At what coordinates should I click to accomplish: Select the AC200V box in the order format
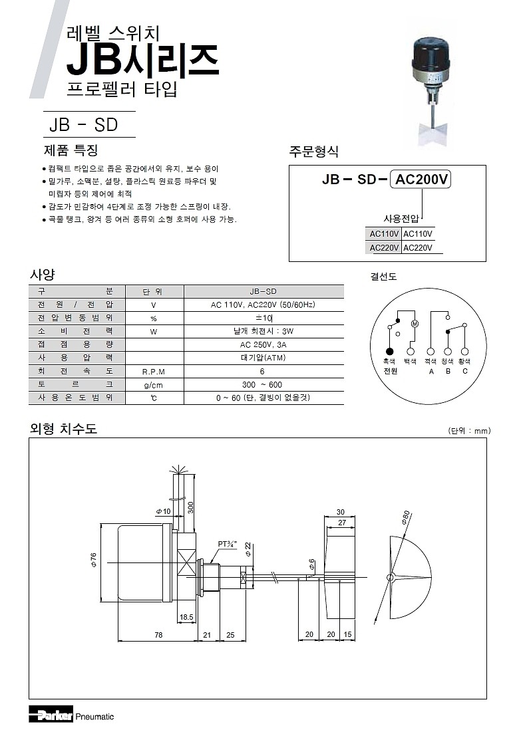pyautogui.click(x=422, y=180)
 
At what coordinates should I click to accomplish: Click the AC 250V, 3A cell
pyautogui.click(x=263, y=344)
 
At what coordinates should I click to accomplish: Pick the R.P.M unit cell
pyautogui.click(x=154, y=371)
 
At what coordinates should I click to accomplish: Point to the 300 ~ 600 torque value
pyautogui.click(x=263, y=384)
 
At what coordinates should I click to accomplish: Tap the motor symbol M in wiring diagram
pyautogui.click(x=413, y=324)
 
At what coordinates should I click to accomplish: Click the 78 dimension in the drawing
pyautogui.click(x=158, y=635)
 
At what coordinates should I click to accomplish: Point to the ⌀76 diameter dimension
pyautogui.click(x=94, y=560)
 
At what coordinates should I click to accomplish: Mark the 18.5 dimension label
pyautogui.click(x=186, y=617)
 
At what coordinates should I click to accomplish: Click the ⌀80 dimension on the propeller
pyautogui.click(x=405, y=519)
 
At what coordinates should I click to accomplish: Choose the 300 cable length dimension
pyautogui.click(x=191, y=507)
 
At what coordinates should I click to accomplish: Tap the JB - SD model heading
pyautogui.click(x=83, y=124)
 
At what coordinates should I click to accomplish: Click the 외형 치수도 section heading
pyautogui.click(x=64, y=429)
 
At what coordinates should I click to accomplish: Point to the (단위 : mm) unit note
pyautogui.click(x=469, y=431)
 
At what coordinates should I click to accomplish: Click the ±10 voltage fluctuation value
pyautogui.click(x=263, y=318)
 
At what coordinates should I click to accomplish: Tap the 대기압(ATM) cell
pyautogui.click(x=263, y=358)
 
